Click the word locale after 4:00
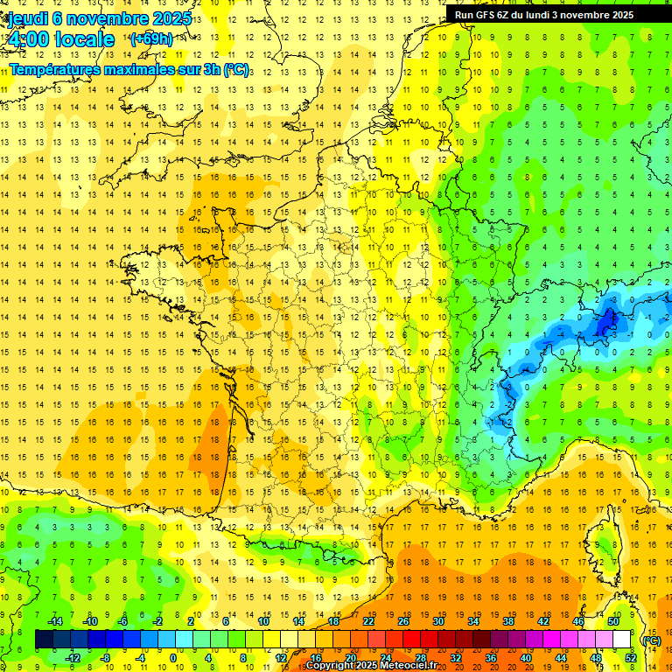pyautogui.click(x=84, y=39)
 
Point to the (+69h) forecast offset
pyautogui.click(x=150, y=39)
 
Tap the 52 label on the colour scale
pyautogui.click(x=631, y=658)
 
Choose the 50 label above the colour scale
pyautogui.click(x=613, y=621)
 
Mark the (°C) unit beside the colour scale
pyautogui.click(x=651, y=640)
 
